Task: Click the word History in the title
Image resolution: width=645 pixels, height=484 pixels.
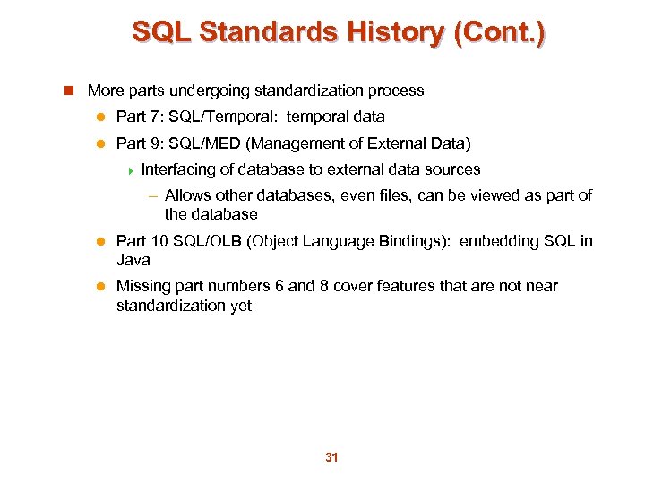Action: pos(390,33)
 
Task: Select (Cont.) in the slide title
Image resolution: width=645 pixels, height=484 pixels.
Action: pos(499,33)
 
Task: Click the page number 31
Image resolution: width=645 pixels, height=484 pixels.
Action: pos(331,457)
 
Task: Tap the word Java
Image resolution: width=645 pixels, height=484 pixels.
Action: pos(133,260)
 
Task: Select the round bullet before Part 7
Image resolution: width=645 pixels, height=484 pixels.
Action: pos(101,117)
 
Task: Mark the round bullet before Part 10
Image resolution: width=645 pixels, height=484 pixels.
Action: pos(101,242)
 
